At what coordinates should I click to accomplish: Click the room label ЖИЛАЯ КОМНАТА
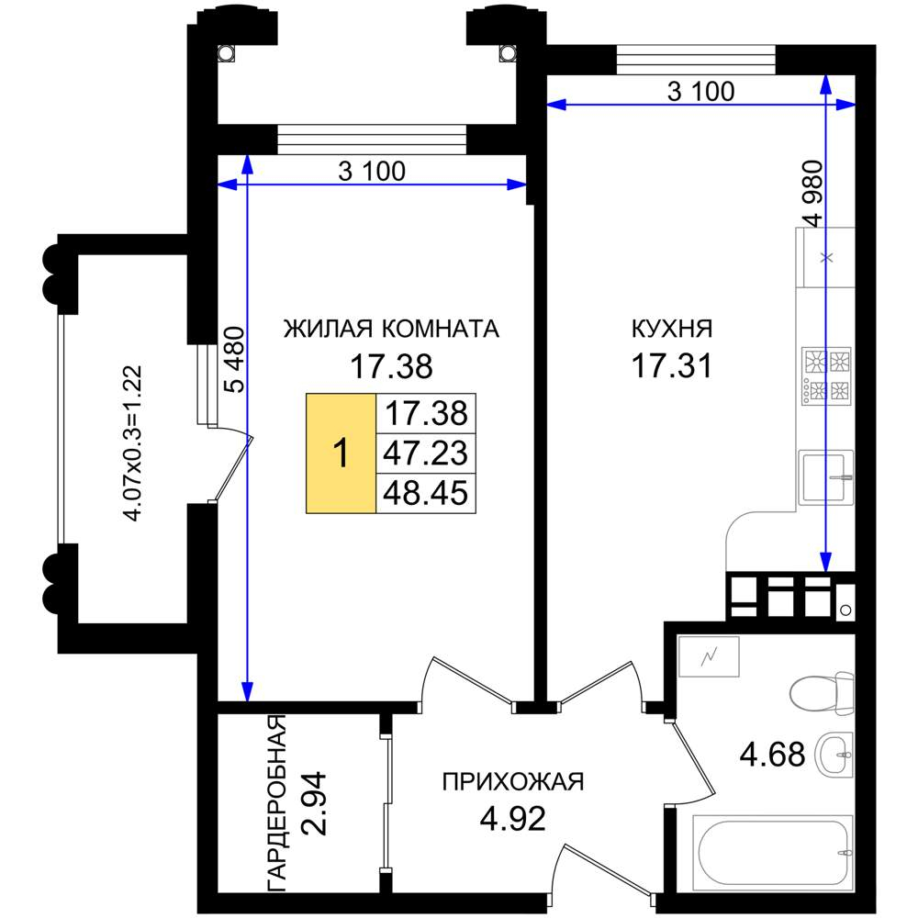coord(391,329)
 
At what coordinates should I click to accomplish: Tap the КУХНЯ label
coord(672,329)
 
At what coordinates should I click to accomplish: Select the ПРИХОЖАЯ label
coord(513,782)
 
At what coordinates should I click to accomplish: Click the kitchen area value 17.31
coord(672,366)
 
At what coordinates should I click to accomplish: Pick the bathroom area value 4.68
coord(772,754)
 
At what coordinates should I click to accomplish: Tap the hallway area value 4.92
coord(513,819)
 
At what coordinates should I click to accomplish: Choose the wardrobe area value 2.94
coord(313,803)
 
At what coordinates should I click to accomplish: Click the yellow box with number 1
coord(341,453)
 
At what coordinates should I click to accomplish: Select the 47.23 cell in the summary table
coord(426,453)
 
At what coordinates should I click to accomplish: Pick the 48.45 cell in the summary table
coord(426,494)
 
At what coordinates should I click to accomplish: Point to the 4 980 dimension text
coord(812,194)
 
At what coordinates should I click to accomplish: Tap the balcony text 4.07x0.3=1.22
coord(132,443)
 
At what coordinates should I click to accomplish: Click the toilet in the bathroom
coord(822,694)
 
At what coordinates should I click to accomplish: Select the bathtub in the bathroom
coord(773,852)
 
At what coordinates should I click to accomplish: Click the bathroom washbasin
coord(836,755)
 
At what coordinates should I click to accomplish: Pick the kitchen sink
coord(826,477)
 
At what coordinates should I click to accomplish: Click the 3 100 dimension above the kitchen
coord(700,91)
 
